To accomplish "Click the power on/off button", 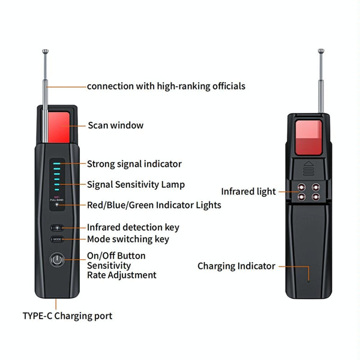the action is (x=57, y=260).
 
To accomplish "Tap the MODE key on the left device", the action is (x=57, y=239).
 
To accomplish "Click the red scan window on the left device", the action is (x=59, y=127).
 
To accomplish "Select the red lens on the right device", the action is (x=308, y=137).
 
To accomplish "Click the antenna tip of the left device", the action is (x=46, y=51).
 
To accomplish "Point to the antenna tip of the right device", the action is (x=321, y=51).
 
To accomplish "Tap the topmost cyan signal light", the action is (x=57, y=163).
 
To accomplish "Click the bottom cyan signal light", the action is (x=57, y=190).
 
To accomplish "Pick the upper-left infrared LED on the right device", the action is (x=301, y=187).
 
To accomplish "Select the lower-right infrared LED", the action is (x=316, y=197).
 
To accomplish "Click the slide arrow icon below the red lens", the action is (x=308, y=169).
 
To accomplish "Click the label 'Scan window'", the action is (x=115, y=125).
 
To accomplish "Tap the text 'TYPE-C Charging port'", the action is (x=67, y=316).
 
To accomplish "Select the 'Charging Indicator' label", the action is (x=236, y=266).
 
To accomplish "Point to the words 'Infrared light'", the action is (x=248, y=191).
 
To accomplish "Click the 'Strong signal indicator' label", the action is (x=134, y=164).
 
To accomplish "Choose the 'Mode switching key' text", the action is (x=128, y=239).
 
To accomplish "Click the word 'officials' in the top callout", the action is (x=229, y=86).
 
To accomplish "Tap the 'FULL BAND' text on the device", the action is (x=57, y=200).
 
